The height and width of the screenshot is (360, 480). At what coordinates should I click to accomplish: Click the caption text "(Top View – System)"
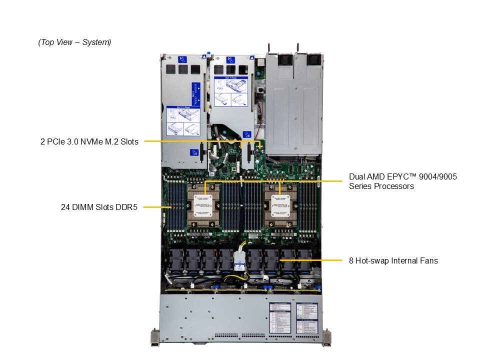coord(74,42)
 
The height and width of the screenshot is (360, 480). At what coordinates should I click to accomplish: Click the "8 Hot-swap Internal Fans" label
coord(393,260)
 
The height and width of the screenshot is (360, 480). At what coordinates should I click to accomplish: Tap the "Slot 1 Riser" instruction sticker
coord(231,90)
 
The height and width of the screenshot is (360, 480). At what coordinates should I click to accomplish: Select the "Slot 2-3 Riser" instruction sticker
coord(183,119)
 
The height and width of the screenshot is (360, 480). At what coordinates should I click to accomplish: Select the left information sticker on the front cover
coord(280,317)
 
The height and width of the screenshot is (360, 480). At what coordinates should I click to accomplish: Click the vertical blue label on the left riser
coord(196,93)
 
